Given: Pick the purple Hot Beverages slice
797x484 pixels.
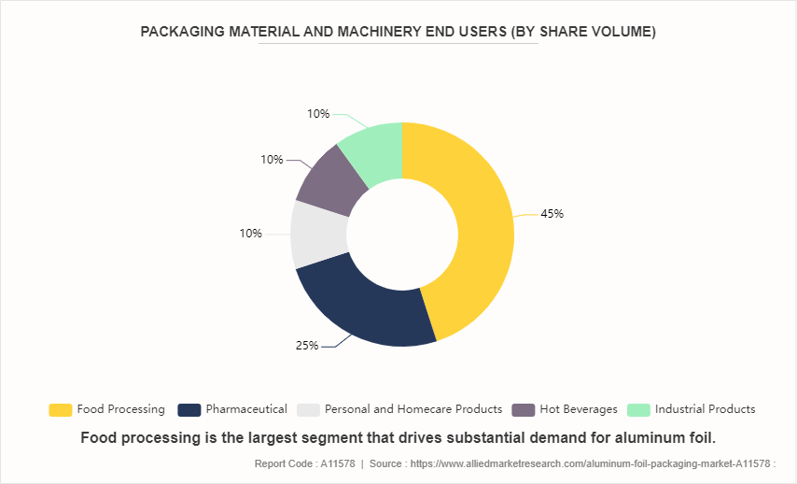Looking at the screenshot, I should [x=328, y=181].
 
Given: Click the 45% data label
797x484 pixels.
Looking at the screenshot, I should [x=552, y=213].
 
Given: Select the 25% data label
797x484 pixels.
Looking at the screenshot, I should [x=307, y=345].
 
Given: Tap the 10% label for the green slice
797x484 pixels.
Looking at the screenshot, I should [x=318, y=114].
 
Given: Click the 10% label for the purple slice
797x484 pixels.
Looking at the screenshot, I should [x=272, y=160].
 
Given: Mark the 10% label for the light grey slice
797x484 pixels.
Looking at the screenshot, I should [x=250, y=234].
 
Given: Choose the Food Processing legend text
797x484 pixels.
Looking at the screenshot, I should [x=121, y=409].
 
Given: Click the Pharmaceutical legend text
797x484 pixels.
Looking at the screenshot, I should [x=246, y=409].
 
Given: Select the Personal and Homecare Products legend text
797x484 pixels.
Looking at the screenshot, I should [x=413, y=409].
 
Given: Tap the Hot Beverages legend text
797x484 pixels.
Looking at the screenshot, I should [x=579, y=409].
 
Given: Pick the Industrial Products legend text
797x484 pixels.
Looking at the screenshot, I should [x=706, y=409].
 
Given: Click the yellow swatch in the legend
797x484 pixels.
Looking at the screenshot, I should [x=61, y=409].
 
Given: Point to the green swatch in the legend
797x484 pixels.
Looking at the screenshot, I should [x=638, y=409].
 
